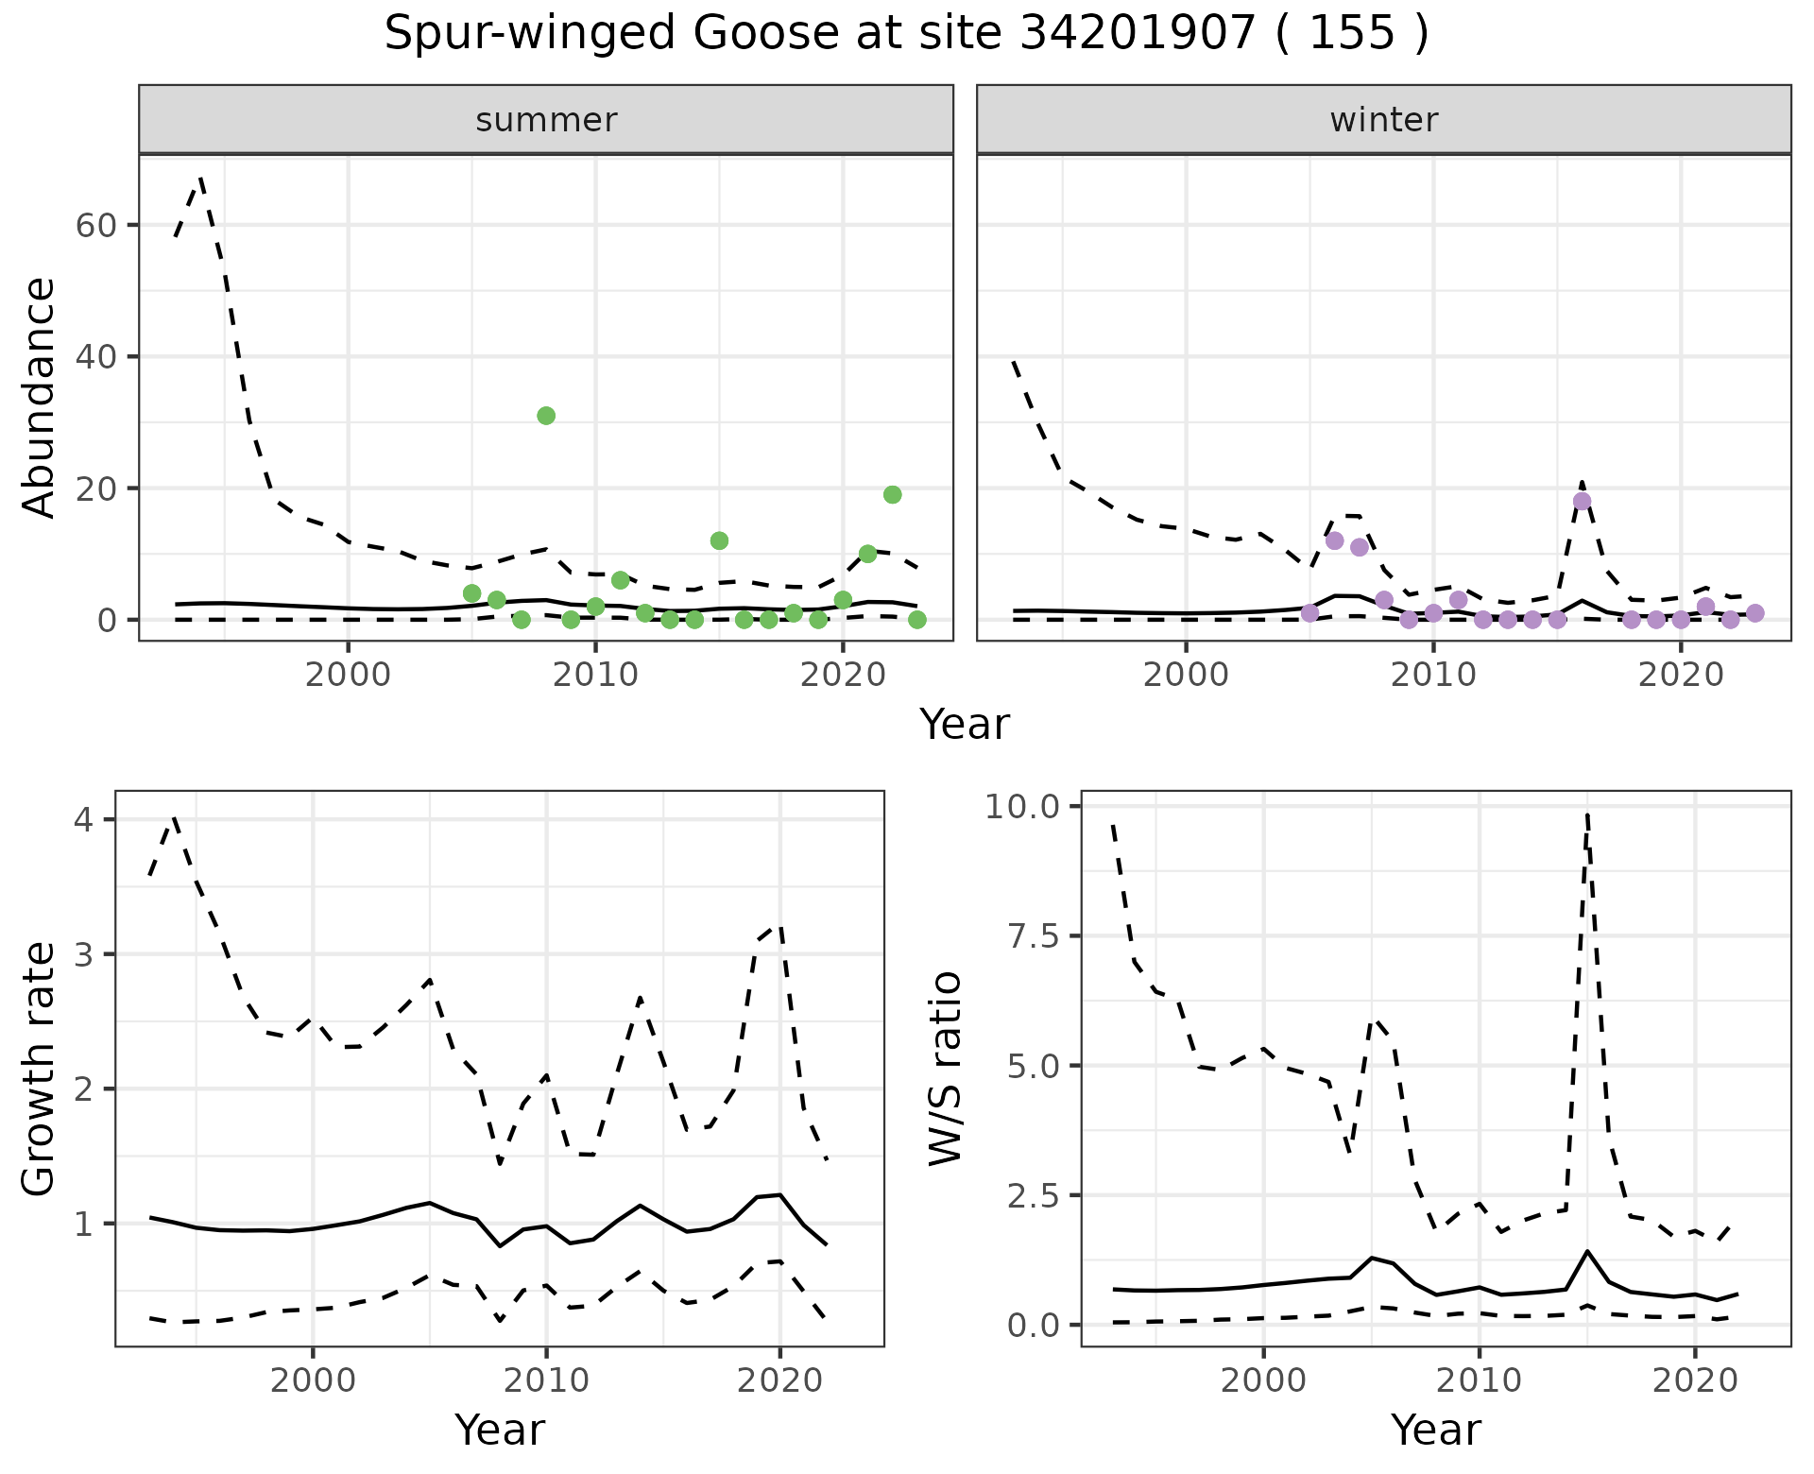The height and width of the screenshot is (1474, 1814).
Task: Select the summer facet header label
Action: click(546, 120)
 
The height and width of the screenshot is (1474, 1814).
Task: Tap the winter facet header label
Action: click(1383, 120)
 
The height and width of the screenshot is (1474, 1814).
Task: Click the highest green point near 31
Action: click(546, 416)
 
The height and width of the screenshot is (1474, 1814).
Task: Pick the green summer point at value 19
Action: click(892, 494)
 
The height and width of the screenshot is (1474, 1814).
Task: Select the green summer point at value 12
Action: click(719, 540)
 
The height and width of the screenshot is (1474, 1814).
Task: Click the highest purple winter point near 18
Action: click(1582, 501)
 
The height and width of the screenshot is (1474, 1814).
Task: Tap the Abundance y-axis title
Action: click(40, 397)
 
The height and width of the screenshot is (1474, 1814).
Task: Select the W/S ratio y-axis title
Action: click(945, 1068)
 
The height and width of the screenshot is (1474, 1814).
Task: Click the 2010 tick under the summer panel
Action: click(595, 677)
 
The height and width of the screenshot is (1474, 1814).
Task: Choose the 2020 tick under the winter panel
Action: click(1681, 677)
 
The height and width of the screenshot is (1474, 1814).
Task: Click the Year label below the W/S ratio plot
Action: click(1435, 1431)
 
